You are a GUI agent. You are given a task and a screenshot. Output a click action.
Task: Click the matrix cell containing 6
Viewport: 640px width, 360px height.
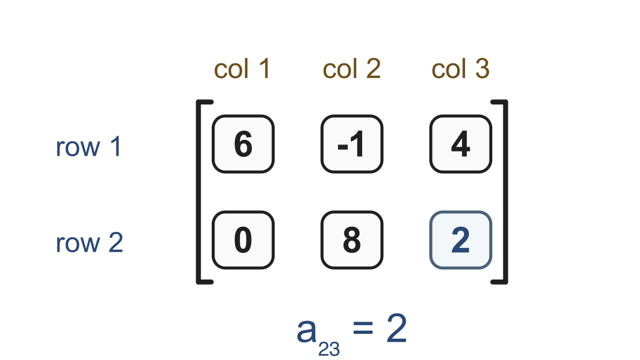[x=243, y=144]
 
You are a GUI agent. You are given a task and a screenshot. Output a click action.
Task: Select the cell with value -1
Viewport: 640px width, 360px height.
[x=351, y=144]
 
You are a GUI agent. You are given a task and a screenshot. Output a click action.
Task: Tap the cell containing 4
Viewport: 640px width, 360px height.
[x=461, y=144]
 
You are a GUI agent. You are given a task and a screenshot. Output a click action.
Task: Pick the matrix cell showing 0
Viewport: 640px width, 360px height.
[x=243, y=240]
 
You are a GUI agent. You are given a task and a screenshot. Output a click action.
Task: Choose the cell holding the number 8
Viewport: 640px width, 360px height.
[x=351, y=240]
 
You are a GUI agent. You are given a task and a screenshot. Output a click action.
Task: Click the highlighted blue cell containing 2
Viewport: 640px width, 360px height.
[x=461, y=240]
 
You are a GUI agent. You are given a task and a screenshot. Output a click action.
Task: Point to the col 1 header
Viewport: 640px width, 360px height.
[x=242, y=68]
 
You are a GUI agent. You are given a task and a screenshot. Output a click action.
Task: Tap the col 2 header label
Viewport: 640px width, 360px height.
[x=351, y=68]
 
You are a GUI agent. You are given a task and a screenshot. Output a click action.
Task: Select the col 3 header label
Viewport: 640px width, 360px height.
[x=461, y=68]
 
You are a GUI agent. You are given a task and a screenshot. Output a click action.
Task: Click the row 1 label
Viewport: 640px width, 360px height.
[x=89, y=147]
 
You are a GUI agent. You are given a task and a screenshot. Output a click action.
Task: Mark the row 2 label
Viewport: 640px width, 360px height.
[x=89, y=243]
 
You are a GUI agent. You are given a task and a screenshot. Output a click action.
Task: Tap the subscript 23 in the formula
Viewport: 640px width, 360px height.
[x=329, y=349]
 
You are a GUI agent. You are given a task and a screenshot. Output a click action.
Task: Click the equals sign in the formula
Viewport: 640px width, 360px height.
[x=363, y=327]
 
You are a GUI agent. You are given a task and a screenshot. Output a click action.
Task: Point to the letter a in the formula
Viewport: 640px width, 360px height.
[x=307, y=331]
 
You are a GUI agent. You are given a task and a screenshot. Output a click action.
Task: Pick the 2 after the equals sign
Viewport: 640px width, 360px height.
[x=397, y=327]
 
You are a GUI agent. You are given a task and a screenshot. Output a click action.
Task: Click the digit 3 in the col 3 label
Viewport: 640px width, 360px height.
[x=483, y=68]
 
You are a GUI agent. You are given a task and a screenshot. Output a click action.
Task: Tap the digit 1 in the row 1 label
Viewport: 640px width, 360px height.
[x=117, y=146]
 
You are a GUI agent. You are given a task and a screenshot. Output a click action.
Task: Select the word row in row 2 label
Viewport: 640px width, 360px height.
[x=78, y=245]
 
